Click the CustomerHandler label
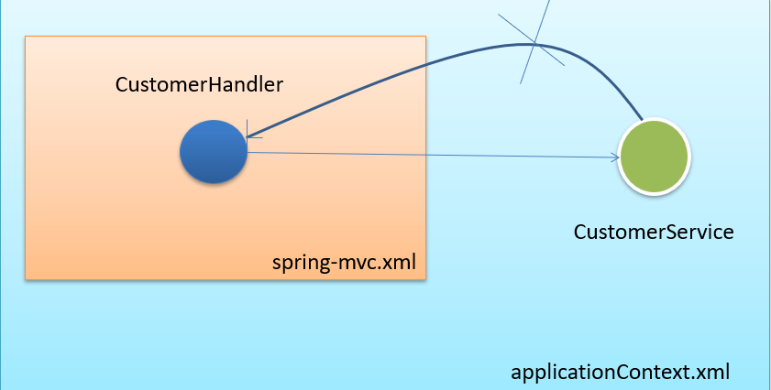pyautogui.click(x=199, y=84)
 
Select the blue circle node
pyautogui.click(x=214, y=151)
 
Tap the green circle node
pyautogui.click(x=654, y=157)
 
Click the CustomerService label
pyautogui.click(x=654, y=233)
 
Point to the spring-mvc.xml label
pyautogui.click(x=345, y=264)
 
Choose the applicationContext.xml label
pyautogui.click(x=621, y=373)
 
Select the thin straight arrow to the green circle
pyautogui.click(x=431, y=156)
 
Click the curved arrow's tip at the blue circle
pyautogui.click(x=249, y=137)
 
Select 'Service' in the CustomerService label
pyautogui.click(x=703, y=233)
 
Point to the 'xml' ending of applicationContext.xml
pyautogui.click(x=714, y=373)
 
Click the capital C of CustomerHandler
pyautogui.click(x=121, y=84)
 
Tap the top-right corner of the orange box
pyautogui.click(x=426, y=37)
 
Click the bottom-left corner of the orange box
pyautogui.click(x=26, y=278)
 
